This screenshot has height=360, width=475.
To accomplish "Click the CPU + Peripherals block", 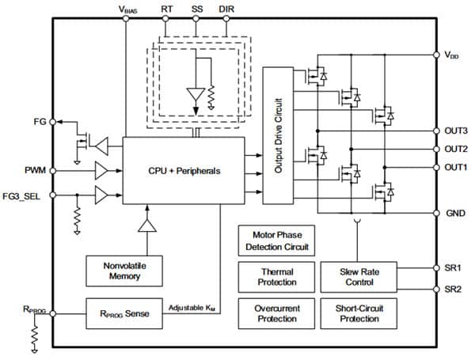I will coord(184,169).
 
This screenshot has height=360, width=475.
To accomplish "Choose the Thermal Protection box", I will coord(276,276).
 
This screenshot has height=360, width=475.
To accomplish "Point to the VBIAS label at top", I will coord(128,9).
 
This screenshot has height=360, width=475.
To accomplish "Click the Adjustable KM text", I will coord(193,307).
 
